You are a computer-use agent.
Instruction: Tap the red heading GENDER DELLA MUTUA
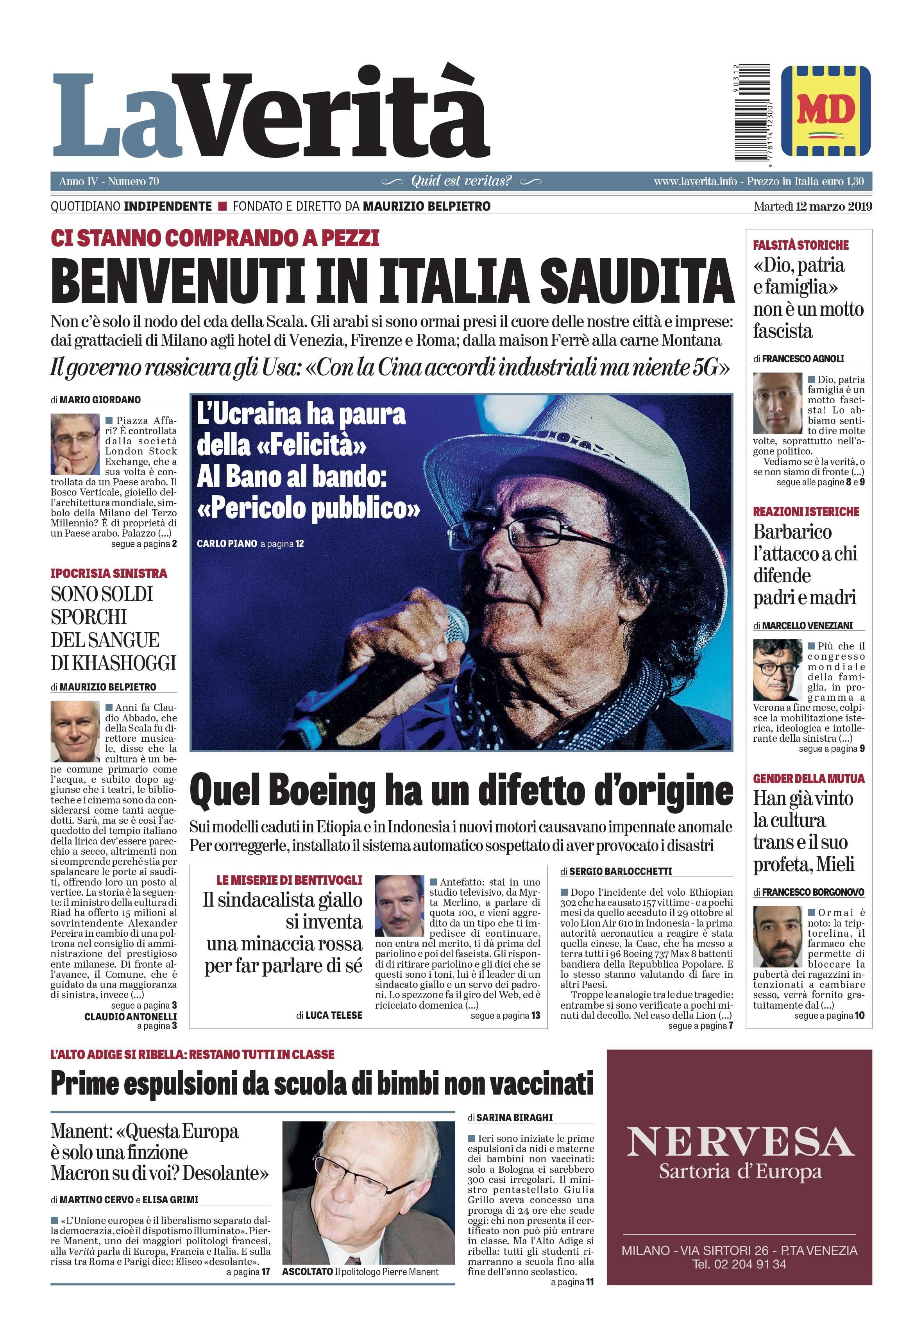(809, 778)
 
